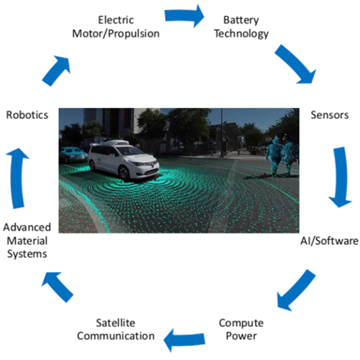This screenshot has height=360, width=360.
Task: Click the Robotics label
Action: click(27, 115)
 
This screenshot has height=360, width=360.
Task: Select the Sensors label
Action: click(330, 115)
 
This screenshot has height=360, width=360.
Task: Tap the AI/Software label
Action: click(329, 240)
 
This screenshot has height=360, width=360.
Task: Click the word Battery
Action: click(241, 20)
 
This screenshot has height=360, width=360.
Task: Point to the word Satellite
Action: click(115, 323)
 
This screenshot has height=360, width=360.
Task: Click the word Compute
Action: click(241, 323)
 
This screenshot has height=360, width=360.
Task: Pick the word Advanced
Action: click(27, 228)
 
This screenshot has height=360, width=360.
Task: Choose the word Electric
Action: click(116, 20)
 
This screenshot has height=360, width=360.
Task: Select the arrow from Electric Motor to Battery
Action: click(184, 16)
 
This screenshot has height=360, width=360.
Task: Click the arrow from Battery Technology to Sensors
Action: click(296, 65)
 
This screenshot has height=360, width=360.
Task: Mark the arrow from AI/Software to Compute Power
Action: click(296, 289)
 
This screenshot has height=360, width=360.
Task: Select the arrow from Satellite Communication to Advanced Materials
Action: click(58, 287)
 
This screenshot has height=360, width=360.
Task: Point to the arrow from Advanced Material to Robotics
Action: click(17, 178)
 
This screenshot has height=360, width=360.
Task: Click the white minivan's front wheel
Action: click(124, 174)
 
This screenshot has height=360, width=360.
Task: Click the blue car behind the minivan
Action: click(73, 155)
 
